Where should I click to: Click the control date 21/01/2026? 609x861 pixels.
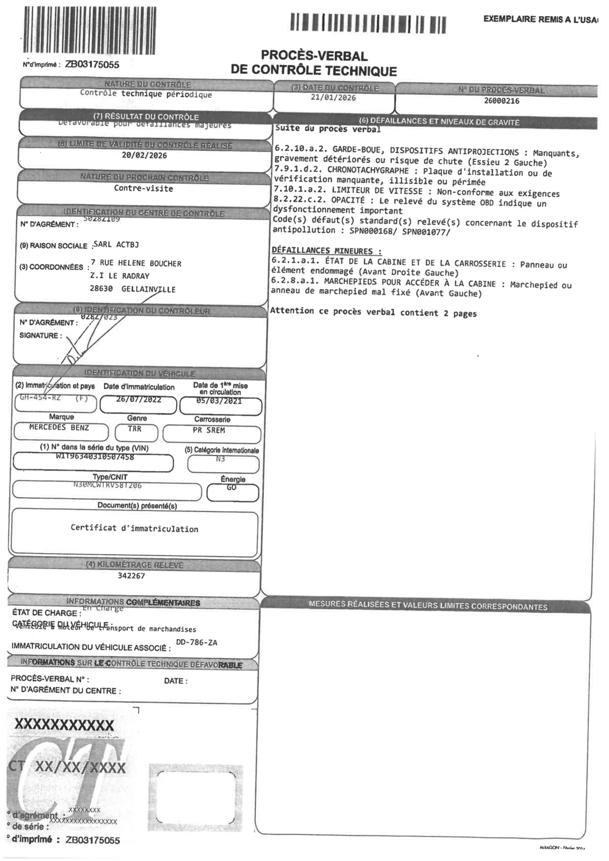pos(333,98)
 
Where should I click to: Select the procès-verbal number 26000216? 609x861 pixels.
pos(501,101)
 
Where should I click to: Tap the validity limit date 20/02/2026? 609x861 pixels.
pos(144,156)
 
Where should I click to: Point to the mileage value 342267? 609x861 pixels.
pos(131,576)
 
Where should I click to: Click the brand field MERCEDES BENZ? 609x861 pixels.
pos(59,428)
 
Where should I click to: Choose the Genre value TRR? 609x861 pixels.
pos(135,428)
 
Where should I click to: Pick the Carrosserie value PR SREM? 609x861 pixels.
pos(209,430)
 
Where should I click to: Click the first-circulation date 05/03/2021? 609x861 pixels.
pos(219,401)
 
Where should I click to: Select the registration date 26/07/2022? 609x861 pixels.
pos(138,400)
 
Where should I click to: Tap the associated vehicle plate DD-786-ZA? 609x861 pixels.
pos(197,642)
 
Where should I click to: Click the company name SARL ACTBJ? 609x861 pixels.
pos(116,245)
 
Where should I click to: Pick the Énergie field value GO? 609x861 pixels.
pos(231,488)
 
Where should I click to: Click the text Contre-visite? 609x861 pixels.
pos(143,188)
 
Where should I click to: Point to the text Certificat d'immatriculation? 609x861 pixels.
pos(134,529)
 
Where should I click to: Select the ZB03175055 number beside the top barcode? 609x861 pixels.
pos(92,65)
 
